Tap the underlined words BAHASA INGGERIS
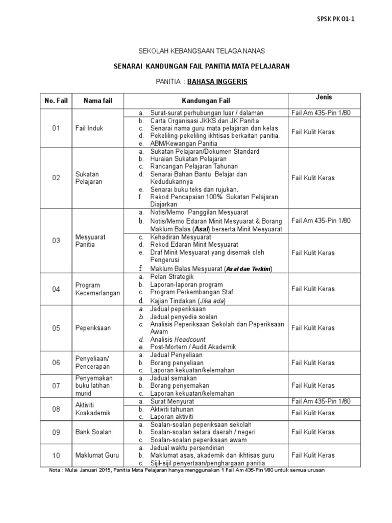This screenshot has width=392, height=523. (217, 81)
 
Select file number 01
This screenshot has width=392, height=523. (56, 128)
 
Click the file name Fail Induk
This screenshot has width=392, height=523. (89, 128)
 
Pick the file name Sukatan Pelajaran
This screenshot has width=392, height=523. (89, 178)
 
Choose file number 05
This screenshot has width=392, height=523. (56, 328)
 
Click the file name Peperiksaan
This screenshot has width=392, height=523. (93, 328)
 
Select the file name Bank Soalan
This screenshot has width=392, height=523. (93, 432)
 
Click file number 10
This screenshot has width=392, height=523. (56, 455)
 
